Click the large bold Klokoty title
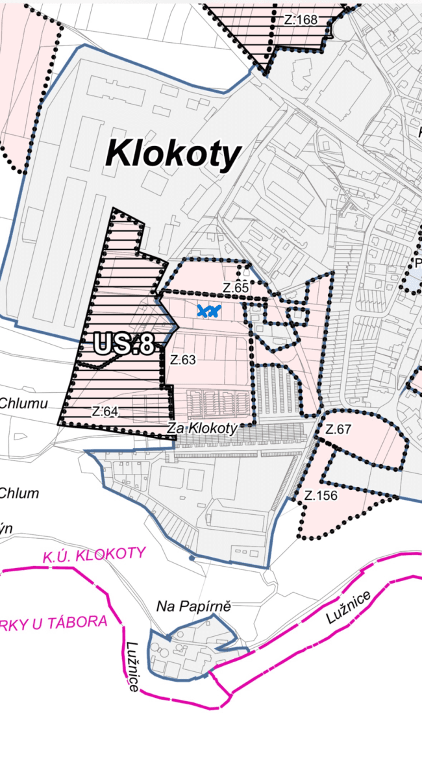tap(173, 155)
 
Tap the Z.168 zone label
tap(301, 19)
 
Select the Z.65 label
tap(236, 288)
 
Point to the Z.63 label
tap(184, 358)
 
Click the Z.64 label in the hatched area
tap(105, 411)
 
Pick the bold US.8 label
tap(123, 345)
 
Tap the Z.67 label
tap(338, 429)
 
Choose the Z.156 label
tap(321, 495)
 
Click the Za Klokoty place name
tap(201, 428)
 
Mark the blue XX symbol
tap(208, 311)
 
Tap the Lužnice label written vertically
tap(132, 665)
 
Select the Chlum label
tap(19, 493)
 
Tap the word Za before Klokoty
tap(174, 428)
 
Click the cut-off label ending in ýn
tap(6, 528)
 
